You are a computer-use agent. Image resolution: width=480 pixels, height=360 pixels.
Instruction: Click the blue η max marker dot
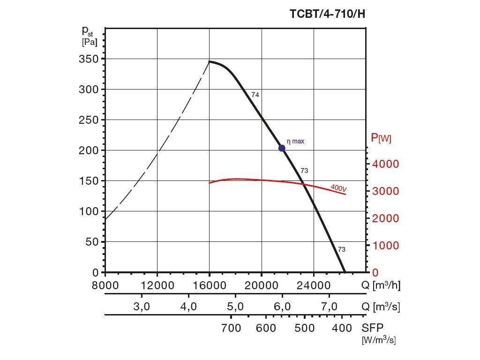coord(282,148)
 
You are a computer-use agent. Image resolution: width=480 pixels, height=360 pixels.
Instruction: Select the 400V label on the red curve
coord(338,188)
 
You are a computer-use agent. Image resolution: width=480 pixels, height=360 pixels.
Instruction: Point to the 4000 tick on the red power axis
coord(385,164)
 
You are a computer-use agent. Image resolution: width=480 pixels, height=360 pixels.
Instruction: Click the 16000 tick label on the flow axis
coord(209,285)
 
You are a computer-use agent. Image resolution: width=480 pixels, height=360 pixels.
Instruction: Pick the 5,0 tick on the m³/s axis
coord(235,307)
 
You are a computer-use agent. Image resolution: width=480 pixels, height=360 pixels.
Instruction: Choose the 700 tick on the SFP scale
coord(231,328)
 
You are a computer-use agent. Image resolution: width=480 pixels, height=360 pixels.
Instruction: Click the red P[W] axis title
coord(381,138)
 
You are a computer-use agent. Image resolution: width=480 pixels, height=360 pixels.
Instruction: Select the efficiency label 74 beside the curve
coord(255,95)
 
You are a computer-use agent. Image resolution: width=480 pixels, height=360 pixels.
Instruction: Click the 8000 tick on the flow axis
coord(105,285)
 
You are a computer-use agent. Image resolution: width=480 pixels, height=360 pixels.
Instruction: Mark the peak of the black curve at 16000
coord(209,61)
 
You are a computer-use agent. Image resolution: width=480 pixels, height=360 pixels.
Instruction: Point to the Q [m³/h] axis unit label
coord(381,285)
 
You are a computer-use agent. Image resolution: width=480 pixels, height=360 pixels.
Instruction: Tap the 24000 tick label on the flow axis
coord(314,285)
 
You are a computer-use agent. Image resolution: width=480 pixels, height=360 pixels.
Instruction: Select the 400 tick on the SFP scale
coord(342,328)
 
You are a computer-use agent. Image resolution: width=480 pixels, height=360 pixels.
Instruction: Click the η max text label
coord(295,141)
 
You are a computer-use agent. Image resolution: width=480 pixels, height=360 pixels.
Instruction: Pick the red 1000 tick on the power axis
coord(385,246)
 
